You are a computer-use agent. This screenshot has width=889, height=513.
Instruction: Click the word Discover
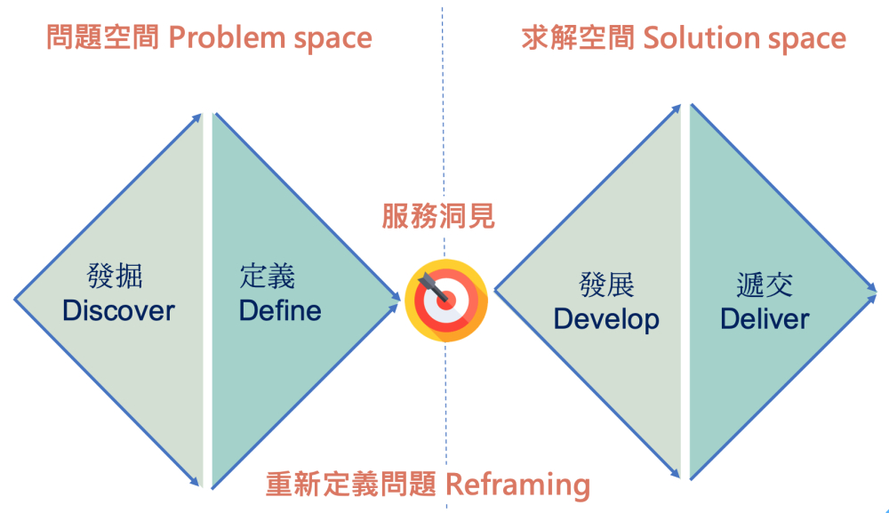point(118,310)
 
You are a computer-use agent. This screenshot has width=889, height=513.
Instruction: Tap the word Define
point(280,310)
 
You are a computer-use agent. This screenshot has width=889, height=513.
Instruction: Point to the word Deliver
point(765,318)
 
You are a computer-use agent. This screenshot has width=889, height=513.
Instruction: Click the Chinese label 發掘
point(115,276)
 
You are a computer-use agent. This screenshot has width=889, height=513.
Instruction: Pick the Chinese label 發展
point(605,285)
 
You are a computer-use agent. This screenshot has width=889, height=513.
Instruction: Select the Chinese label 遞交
point(765,285)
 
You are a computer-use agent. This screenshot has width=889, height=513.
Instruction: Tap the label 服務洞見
point(438,216)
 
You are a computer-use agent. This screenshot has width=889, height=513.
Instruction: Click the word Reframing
point(517,485)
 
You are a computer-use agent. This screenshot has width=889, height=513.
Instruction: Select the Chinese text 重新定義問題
point(351,485)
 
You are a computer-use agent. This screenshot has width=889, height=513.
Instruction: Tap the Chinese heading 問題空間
point(101,38)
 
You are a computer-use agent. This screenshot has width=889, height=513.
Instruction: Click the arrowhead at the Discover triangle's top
point(197,116)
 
